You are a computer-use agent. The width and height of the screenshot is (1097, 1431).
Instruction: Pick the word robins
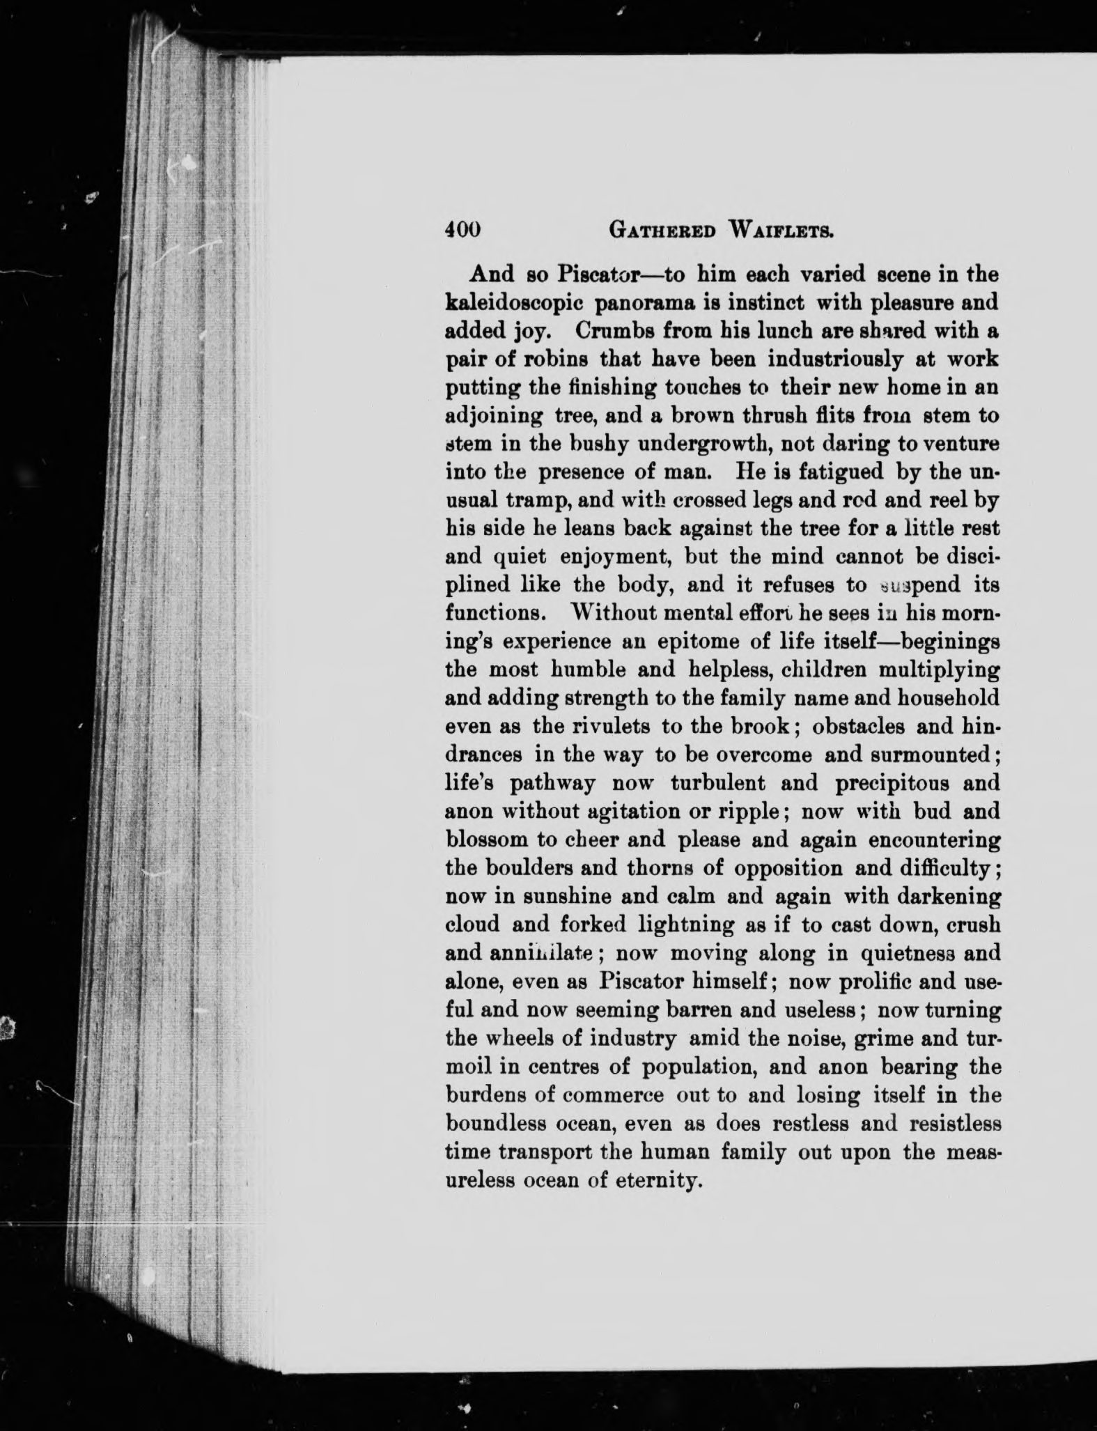click(552, 359)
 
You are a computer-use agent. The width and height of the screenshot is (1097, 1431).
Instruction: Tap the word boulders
click(525, 868)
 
